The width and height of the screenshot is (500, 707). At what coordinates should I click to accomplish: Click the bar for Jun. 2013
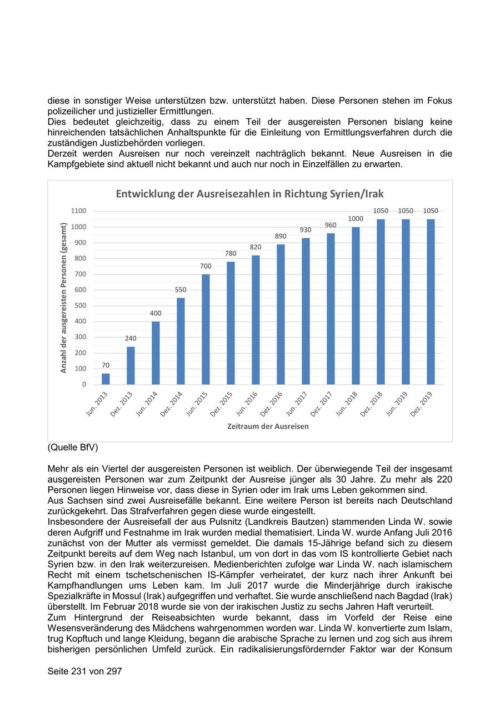click(x=106, y=379)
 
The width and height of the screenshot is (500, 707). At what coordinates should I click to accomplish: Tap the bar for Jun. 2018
click(x=356, y=305)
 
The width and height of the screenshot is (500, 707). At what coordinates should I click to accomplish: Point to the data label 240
click(x=131, y=338)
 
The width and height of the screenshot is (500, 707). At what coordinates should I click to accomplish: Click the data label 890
click(x=281, y=236)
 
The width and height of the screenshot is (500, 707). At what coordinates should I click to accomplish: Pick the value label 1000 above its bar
click(x=356, y=219)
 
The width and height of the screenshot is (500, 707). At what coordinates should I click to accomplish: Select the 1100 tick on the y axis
click(x=79, y=211)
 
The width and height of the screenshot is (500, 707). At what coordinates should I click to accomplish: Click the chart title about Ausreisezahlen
click(x=249, y=194)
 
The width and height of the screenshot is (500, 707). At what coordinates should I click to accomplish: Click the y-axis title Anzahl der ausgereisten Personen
click(x=64, y=298)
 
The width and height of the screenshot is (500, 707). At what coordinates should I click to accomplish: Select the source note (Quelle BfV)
click(x=73, y=447)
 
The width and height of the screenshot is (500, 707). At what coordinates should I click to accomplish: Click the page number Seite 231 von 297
click(x=84, y=671)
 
